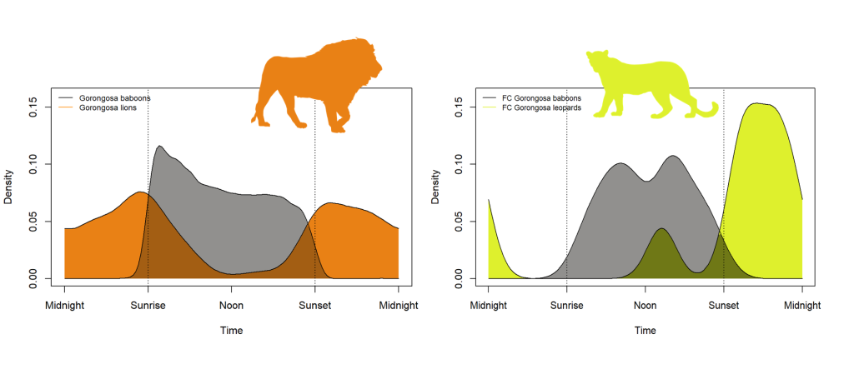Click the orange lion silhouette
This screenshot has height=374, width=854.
tap(309, 83)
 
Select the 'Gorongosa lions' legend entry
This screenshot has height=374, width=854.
tap(108, 108)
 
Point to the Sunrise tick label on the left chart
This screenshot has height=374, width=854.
tap(148, 306)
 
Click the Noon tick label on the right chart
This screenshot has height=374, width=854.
tap(645, 306)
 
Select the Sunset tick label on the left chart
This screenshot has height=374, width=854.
tap(314, 306)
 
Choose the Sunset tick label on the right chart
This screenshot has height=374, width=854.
tap(723, 306)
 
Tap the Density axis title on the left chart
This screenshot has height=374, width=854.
tap(9, 187)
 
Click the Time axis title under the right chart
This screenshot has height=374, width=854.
tap(645, 331)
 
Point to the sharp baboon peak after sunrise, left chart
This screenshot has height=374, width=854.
tap(158, 147)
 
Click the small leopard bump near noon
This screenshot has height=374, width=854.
tap(661, 229)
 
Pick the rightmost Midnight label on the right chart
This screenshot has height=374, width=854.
tap(801, 306)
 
